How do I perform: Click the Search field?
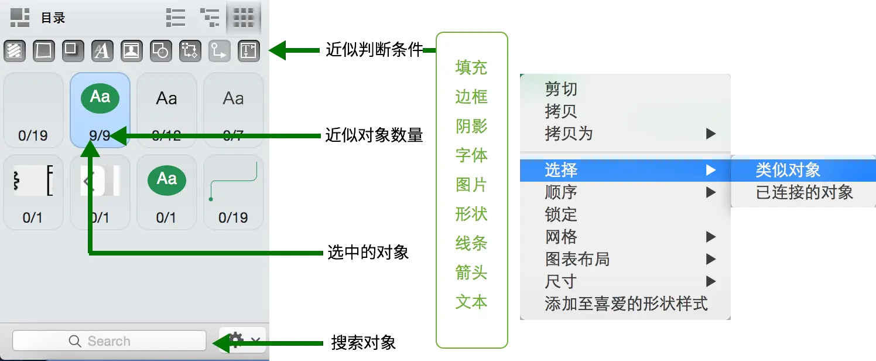(109, 341)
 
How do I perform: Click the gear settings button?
(236, 340)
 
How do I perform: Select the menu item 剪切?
(561, 89)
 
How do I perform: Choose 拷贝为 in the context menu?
(569, 134)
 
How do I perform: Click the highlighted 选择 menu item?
(561, 170)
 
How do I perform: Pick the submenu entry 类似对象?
(788, 170)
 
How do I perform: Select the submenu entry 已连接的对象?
(805, 192)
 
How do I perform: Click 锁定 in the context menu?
(561, 214)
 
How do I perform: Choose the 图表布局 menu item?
(577, 259)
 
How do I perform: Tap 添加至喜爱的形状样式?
(626, 304)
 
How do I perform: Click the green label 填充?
(471, 67)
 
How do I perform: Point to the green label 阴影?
(471, 126)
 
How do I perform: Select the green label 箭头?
(471, 273)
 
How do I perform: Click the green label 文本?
(471, 302)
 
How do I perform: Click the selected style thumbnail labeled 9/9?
(100, 110)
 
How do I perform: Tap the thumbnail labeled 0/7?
(233, 110)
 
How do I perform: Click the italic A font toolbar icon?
(102, 51)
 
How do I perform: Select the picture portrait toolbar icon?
(131, 51)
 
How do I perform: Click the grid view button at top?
(243, 18)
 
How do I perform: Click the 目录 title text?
(53, 18)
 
